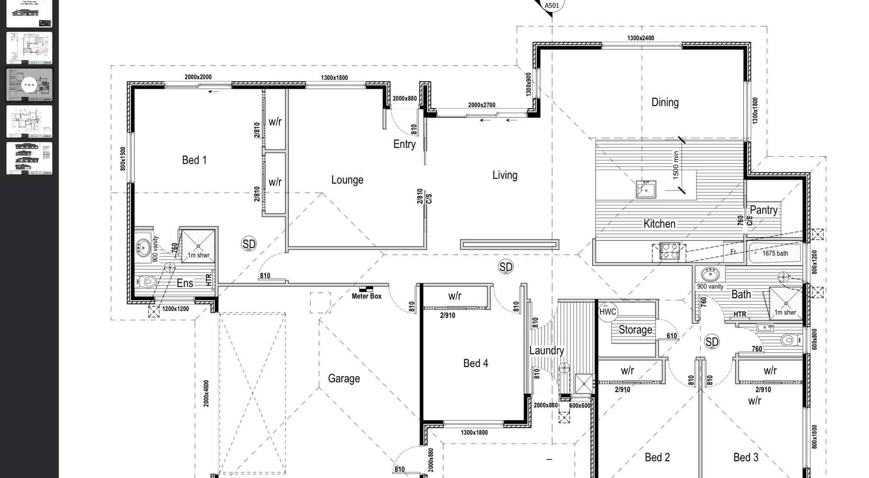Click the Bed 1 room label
[194, 160]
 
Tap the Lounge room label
[347, 180]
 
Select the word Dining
[665, 102]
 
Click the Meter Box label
[366, 296]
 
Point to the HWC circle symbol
[607, 312]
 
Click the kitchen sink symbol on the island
[646, 189]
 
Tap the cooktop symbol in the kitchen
[668, 251]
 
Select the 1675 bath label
[775, 253]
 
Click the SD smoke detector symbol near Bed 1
[248, 244]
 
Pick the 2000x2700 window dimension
[481, 105]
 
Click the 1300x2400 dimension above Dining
[640, 38]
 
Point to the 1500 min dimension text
[676, 165]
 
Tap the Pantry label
[763, 210]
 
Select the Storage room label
[635, 330]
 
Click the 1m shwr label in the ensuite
[199, 255]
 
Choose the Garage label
[344, 378]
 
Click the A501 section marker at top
[552, 6]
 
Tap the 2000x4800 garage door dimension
[206, 393]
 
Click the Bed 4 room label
[476, 363]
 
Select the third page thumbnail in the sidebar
[29, 85]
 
